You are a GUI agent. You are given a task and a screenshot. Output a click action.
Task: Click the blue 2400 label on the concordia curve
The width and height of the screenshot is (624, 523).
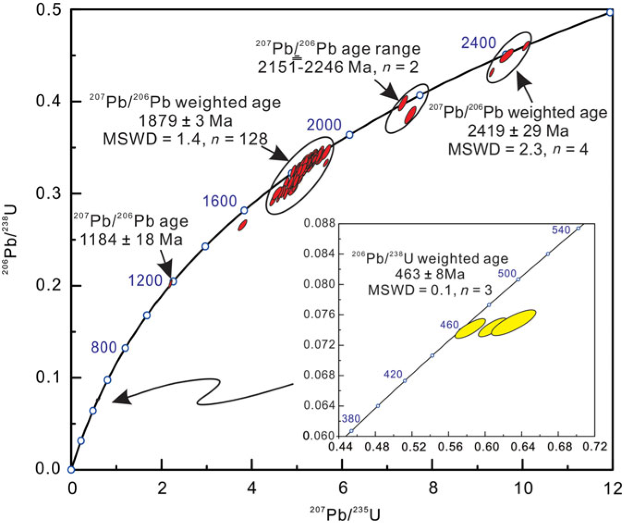pos(479,43)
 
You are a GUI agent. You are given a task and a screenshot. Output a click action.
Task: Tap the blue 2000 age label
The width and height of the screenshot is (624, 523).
pos(324,125)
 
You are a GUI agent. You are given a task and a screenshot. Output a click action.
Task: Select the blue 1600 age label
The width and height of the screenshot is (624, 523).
pos(219,201)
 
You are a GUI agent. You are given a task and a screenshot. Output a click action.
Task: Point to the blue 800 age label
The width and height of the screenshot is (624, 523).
pos(104,347)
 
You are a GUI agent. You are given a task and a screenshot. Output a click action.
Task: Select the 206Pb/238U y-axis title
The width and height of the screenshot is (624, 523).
pos(10,240)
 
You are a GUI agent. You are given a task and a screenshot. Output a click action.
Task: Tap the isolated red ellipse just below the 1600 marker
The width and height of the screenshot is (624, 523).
pos(242,225)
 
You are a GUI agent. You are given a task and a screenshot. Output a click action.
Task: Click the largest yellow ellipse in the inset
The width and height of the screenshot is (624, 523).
pos(513,322)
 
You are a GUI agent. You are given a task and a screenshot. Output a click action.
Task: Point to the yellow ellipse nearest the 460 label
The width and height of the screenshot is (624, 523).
pos(470,328)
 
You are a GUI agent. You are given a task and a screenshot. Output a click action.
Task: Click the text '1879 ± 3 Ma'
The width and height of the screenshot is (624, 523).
pos(185,121)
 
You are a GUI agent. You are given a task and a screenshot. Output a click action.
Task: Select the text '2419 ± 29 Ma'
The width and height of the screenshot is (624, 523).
pos(518,131)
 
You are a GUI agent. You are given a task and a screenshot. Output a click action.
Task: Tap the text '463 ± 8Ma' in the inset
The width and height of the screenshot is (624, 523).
pos(430,274)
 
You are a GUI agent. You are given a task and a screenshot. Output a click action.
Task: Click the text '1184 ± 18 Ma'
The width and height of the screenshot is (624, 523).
pos(131,240)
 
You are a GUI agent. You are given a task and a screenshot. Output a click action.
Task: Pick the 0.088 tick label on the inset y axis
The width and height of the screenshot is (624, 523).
pos(317,223)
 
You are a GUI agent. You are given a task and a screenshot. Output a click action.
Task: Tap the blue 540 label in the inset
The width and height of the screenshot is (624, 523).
pos(561,230)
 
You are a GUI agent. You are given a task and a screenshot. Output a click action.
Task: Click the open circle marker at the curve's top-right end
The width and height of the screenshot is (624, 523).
pos(610,12)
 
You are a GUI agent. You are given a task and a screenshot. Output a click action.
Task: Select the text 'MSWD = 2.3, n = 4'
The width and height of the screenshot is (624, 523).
pos(518,149)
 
